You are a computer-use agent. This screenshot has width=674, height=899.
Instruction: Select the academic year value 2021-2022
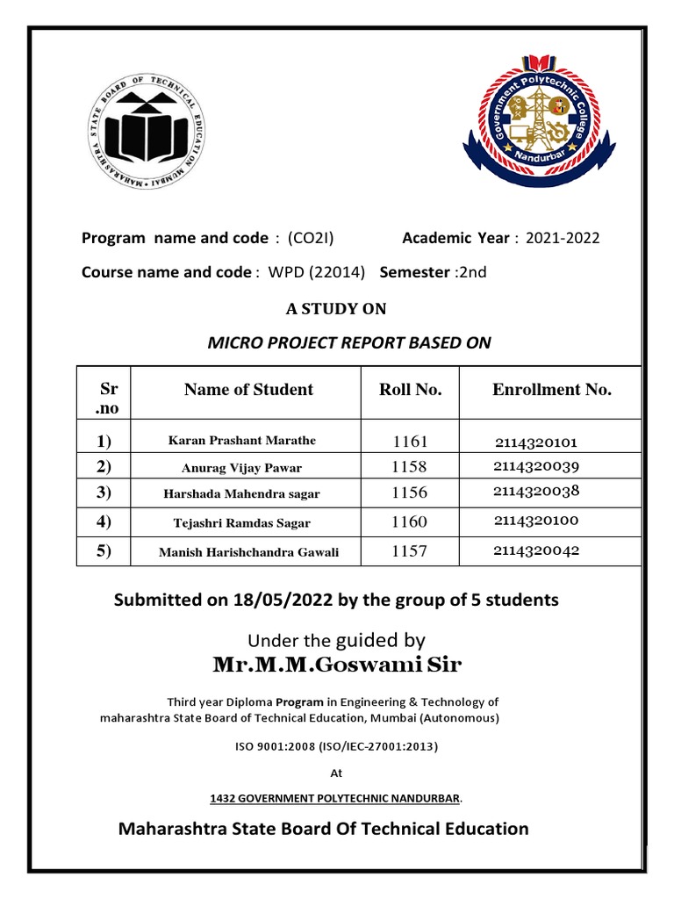[563, 238]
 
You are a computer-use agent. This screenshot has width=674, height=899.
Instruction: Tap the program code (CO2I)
[311, 238]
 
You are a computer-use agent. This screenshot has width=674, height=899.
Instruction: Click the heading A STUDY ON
[336, 308]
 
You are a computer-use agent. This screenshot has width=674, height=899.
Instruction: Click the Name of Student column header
[248, 390]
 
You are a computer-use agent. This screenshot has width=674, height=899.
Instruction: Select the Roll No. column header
[410, 390]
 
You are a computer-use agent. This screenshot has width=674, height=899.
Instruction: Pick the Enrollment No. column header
[551, 390]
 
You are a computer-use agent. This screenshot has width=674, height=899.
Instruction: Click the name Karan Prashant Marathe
[242, 441]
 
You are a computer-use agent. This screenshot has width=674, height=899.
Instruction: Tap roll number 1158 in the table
[410, 467]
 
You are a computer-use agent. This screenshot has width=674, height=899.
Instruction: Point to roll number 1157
[410, 551]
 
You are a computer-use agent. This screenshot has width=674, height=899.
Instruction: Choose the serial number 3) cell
[104, 493]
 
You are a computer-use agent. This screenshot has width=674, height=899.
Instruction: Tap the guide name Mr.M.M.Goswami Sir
[336, 666]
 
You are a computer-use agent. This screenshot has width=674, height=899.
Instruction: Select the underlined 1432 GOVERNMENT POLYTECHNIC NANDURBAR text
[334, 798]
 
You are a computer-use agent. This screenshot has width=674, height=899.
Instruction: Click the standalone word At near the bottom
[335, 773]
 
